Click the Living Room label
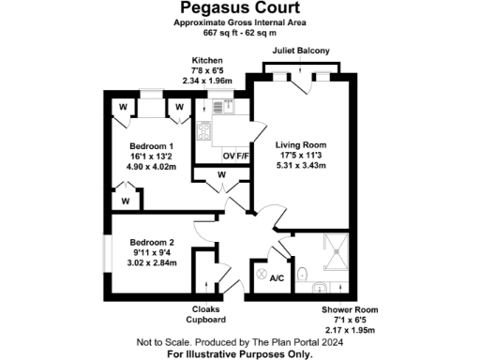click(300, 145)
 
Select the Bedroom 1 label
click(152, 146)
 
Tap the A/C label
click(277, 278)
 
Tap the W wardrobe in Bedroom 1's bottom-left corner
click(125, 200)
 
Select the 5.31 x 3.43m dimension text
click(300, 166)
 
